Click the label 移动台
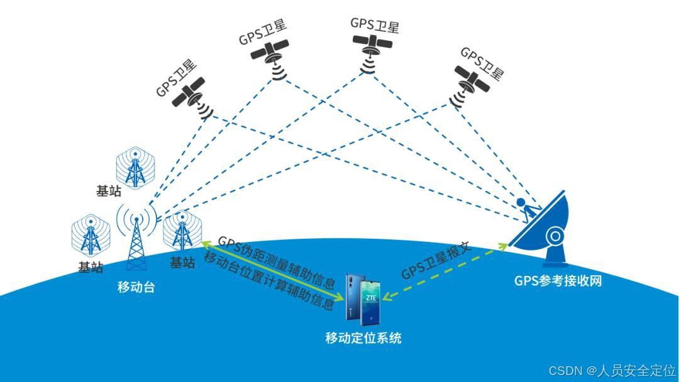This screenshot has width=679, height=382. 136,288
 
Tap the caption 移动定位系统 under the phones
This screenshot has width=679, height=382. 363,338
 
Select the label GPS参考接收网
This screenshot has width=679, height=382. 558,281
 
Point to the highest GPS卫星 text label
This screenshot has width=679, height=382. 375,25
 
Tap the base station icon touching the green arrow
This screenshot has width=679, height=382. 182,230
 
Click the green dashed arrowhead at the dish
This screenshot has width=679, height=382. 502,246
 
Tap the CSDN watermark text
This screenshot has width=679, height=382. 612,370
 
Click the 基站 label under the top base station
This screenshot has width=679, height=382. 108,192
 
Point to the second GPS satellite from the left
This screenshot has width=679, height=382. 270,53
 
